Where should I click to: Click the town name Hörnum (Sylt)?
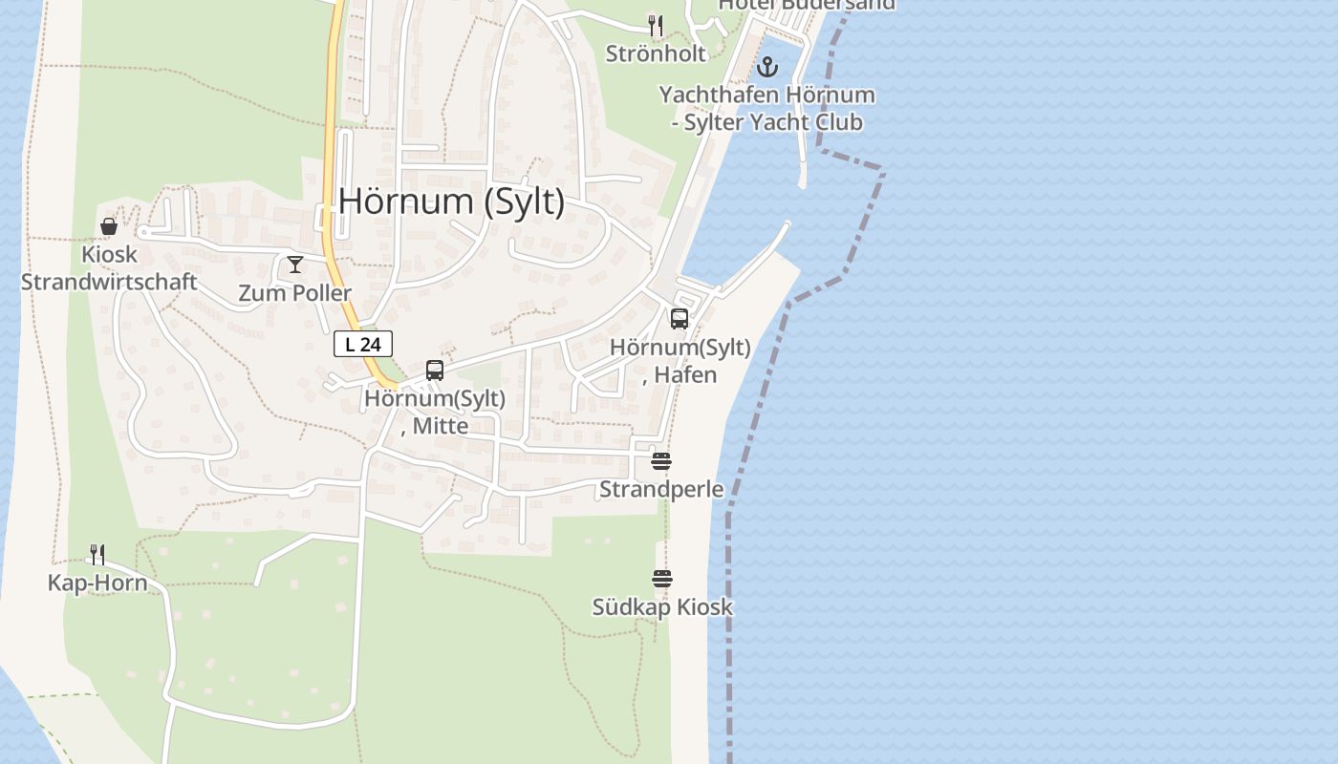(x=451, y=202)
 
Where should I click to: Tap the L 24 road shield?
(x=363, y=345)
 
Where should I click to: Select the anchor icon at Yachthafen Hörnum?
(x=766, y=67)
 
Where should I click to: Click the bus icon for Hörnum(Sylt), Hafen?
(x=680, y=319)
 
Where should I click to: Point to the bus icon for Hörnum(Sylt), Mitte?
(x=435, y=371)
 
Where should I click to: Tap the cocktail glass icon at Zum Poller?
(x=295, y=265)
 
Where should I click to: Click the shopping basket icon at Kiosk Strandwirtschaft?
(x=109, y=226)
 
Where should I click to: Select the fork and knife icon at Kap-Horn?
(x=97, y=555)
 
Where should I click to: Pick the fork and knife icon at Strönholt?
(x=656, y=25)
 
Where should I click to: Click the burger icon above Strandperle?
(x=661, y=461)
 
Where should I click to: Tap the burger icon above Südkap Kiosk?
(x=662, y=579)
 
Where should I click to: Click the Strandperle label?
(x=661, y=490)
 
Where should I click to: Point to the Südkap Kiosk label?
(x=662, y=607)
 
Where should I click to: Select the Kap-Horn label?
(x=97, y=584)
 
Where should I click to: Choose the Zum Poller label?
(x=295, y=293)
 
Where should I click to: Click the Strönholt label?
(x=656, y=53)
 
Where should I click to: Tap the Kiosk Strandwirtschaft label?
(x=109, y=268)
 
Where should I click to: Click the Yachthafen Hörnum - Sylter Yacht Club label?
(x=766, y=109)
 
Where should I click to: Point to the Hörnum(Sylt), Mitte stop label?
(x=435, y=412)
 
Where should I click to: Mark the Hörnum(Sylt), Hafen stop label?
(x=680, y=361)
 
